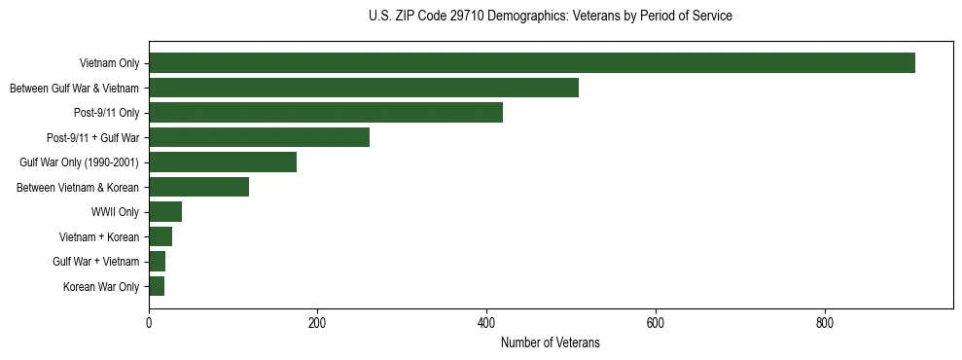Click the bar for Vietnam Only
[x=532, y=63]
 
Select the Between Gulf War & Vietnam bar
[x=364, y=88]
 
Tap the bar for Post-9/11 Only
[x=326, y=113]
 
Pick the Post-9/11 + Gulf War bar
[x=259, y=137]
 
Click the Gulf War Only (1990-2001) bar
[x=223, y=162]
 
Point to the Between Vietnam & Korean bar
[x=198, y=187]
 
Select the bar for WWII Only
[x=165, y=212]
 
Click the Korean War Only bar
[x=157, y=286]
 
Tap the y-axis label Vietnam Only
[x=109, y=64]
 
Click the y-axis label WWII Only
[x=115, y=212]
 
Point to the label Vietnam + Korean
[x=99, y=237]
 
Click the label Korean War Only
[x=101, y=287]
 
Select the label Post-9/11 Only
[x=107, y=114]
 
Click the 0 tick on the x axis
[x=149, y=323]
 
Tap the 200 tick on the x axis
[x=317, y=323]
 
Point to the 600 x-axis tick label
[x=655, y=323]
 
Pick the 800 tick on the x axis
[x=824, y=323]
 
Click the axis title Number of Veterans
[x=550, y=343]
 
